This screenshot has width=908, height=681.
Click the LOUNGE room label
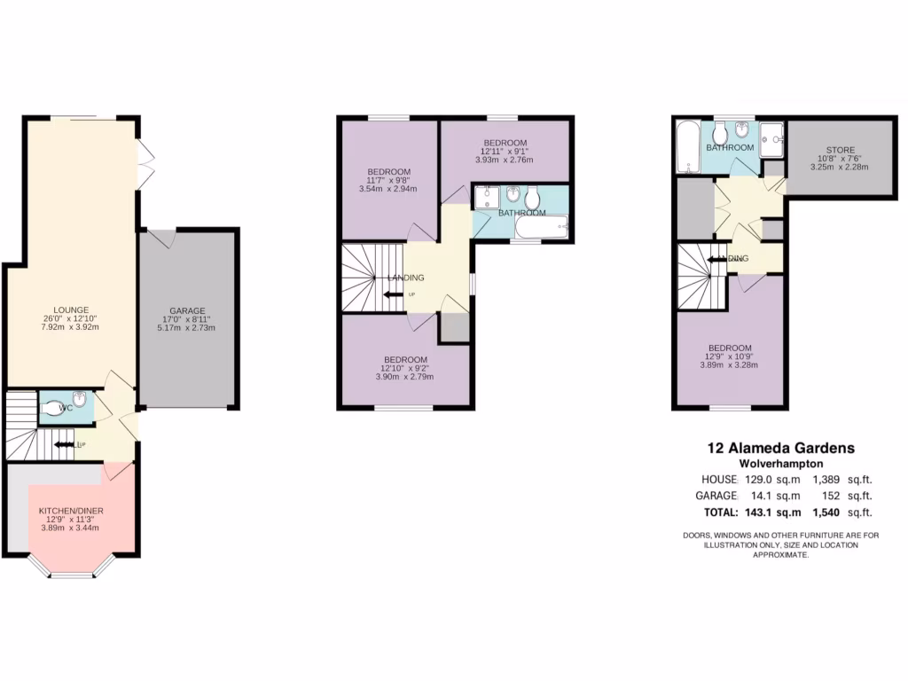click(x=70, y=309)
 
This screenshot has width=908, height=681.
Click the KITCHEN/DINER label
click(x=69, y=512)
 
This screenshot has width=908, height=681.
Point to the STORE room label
click(x=840, y=150)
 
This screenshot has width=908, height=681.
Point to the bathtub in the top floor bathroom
click(x=687, y=147)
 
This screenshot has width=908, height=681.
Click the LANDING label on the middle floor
click(x=405, y=278)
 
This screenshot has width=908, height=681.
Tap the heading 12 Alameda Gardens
click(x=780, y=449)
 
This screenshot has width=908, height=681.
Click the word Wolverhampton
click(x=780, y=464)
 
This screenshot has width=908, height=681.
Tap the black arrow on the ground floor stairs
click(x=64, y=444)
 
